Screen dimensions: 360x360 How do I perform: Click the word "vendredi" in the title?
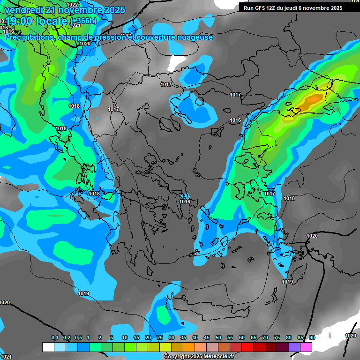click(24, 10)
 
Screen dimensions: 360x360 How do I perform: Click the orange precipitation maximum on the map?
click(312, 100)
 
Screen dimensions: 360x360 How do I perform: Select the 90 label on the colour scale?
click(312, 337)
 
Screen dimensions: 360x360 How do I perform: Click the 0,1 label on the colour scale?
click(55, 337)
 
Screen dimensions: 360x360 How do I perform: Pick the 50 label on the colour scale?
click(218, 337)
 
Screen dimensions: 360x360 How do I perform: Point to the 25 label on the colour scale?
click(160, 337)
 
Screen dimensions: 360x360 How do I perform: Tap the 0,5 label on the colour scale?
click(78, 337)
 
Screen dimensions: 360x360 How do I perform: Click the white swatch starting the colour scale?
click(48, 347)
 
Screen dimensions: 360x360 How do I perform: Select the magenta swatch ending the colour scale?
click(306, 347)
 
